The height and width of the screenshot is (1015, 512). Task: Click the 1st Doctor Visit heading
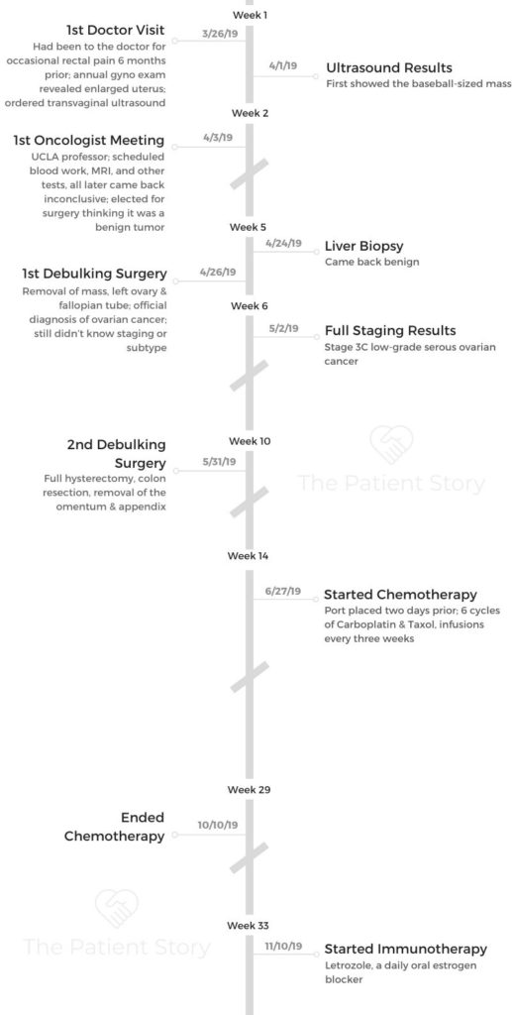[116, 30]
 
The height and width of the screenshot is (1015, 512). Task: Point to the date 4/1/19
[282, 66]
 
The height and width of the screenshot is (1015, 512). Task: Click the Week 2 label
[251, 113]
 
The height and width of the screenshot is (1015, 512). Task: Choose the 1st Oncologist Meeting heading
[88, 141]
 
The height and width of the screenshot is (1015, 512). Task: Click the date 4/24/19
[283, 244]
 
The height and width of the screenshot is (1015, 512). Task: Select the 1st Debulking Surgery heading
[94, 274]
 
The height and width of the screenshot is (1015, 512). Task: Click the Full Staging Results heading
[390, 331]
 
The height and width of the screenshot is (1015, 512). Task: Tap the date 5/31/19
[219, 462]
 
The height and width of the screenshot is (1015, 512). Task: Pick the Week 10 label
[250, 441]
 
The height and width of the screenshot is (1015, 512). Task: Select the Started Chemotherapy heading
[400, 595]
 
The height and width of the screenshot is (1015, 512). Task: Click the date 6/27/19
[282, 591]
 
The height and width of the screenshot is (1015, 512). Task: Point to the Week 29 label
[249, 790]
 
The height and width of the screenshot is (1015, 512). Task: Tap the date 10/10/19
[218, 826]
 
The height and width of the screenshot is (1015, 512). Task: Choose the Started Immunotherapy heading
[405, 949]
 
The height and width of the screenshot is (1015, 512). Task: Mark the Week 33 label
[249, 927]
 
